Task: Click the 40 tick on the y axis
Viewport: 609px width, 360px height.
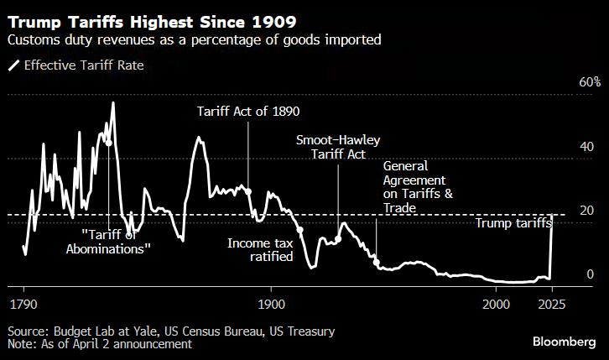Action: pyautogui.click(x=565, y=146)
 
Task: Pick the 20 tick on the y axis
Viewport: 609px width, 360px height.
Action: pyautogui.click(x=565, y=210)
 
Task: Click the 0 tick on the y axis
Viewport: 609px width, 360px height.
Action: pyautogui.click(x=567, y=274)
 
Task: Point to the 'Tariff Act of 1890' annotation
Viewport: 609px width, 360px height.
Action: pyautogui.click(x=248, y=111)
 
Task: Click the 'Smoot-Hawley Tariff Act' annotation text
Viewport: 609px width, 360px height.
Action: pyautogui.click(x=338, y=147)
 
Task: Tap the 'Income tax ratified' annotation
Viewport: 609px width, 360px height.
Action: pyautogui.click(x=260, y=249)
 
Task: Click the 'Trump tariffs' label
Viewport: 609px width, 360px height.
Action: pyautogui.click(x=513, y=223)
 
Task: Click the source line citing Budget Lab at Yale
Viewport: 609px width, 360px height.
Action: pyautogui.click(x=171, y=331)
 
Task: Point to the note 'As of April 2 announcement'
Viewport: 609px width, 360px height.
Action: pyautogui.click(x=99, y=344)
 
